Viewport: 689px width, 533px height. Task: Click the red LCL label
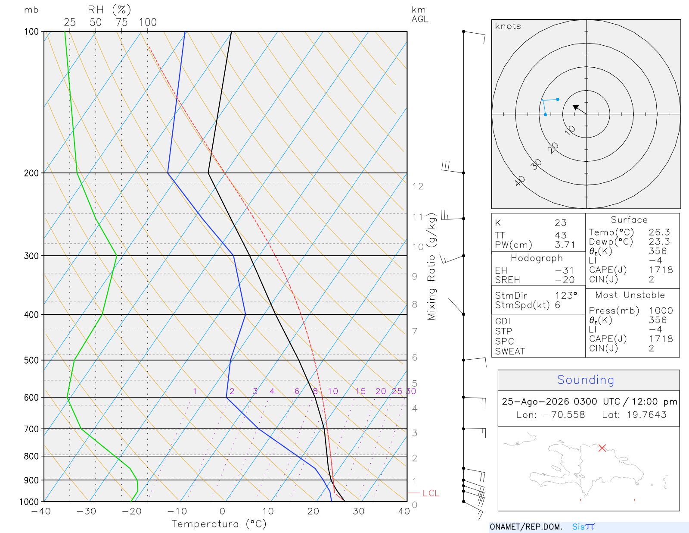pos(431,493)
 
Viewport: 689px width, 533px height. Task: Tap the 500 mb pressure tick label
pos(31,361)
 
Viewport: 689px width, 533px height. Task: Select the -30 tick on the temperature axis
pos(86,511)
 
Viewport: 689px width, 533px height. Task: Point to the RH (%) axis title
pos(109,10)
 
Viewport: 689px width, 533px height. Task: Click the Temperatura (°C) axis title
pos(219,524)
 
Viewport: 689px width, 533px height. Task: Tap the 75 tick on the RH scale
pos(121,22)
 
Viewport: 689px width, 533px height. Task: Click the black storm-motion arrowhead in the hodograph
pos(575,107)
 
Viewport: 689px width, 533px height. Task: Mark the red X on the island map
pos(602,448)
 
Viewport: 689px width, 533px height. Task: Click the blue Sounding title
pos(586,379)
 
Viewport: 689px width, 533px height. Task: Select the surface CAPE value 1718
pos(661,270)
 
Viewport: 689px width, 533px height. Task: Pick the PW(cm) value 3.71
pos(565,245)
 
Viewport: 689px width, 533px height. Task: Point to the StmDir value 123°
pos(566,295)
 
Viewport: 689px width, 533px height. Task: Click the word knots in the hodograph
pos(508,26)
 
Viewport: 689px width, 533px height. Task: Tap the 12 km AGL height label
pos(418,186)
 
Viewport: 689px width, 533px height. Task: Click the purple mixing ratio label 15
pos(360,391)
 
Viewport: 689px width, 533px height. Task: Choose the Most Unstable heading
pos(630,295)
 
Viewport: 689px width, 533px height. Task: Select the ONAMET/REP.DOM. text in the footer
pos(526,527)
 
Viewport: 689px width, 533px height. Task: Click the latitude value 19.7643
pos(646,414)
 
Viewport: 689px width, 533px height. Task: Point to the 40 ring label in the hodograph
pos(520,181)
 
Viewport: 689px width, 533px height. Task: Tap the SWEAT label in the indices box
pos(510,351)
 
